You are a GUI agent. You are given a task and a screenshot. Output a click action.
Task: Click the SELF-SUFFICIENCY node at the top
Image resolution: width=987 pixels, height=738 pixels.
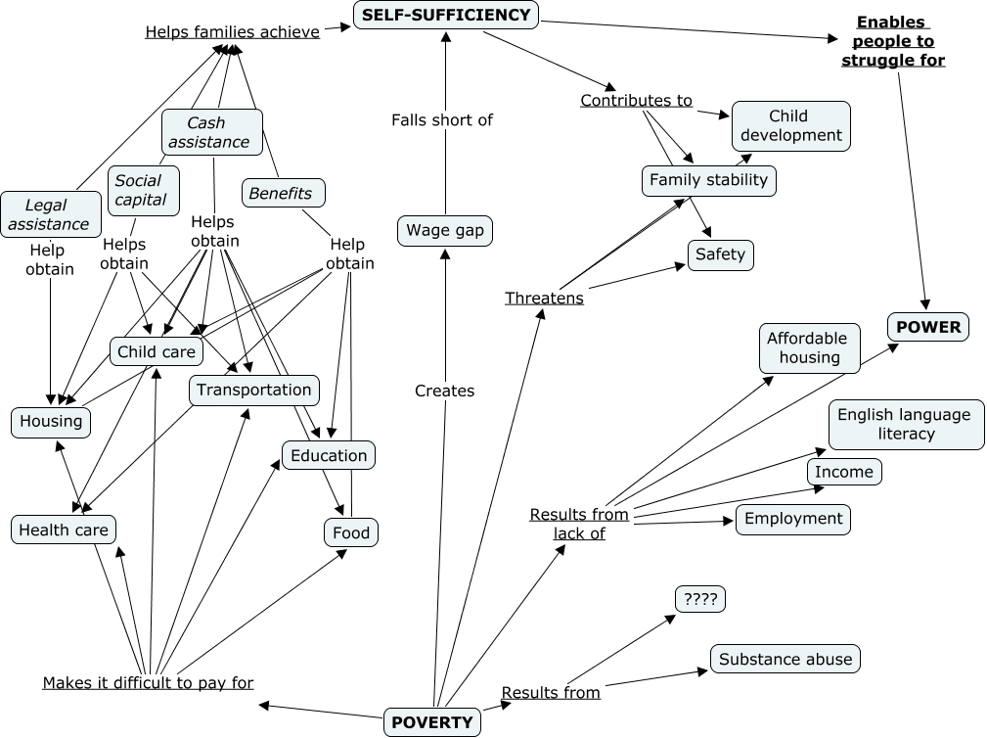point(445,15)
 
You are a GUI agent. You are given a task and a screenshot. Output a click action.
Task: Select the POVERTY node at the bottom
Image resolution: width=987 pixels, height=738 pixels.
point(431,722)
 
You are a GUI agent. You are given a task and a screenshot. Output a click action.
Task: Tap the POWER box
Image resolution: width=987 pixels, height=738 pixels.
point(927,327)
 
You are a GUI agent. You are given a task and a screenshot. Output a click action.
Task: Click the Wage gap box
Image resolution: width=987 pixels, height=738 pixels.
point(445,231)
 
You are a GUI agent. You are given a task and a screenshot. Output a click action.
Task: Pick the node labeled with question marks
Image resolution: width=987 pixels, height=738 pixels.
point(700,598)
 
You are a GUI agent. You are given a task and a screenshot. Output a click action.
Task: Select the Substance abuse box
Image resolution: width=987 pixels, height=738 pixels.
point(786,660)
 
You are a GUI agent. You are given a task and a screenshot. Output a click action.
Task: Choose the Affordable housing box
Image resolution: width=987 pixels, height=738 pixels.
point(809,348)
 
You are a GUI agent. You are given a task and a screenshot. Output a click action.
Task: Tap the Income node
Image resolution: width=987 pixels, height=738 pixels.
point(844,472)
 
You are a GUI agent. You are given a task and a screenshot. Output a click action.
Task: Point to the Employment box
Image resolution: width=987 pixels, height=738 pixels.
point(792,519)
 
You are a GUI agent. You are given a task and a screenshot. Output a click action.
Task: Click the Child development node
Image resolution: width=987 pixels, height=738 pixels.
point(790,125)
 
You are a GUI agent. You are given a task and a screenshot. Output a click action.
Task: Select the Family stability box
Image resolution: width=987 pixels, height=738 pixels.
point(709,180)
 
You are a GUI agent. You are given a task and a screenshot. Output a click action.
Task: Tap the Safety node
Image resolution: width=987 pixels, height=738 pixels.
point(721,254)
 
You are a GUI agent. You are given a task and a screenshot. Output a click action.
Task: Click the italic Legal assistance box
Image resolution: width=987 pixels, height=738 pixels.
point(50,214)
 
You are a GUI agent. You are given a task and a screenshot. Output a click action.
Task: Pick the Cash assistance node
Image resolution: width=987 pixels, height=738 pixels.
point(211,132)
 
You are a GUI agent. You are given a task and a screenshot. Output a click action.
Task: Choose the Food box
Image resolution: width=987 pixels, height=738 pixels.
point(350,532)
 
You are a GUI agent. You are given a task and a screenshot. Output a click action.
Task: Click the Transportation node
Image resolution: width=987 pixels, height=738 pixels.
point(253,390)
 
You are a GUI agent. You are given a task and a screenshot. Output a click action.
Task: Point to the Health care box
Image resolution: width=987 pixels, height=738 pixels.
point(64,530)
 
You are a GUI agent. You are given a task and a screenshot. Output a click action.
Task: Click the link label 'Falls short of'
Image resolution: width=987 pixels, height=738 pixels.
point(442,120)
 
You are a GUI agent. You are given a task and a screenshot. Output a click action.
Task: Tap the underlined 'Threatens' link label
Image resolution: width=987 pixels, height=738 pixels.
point(544,299)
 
